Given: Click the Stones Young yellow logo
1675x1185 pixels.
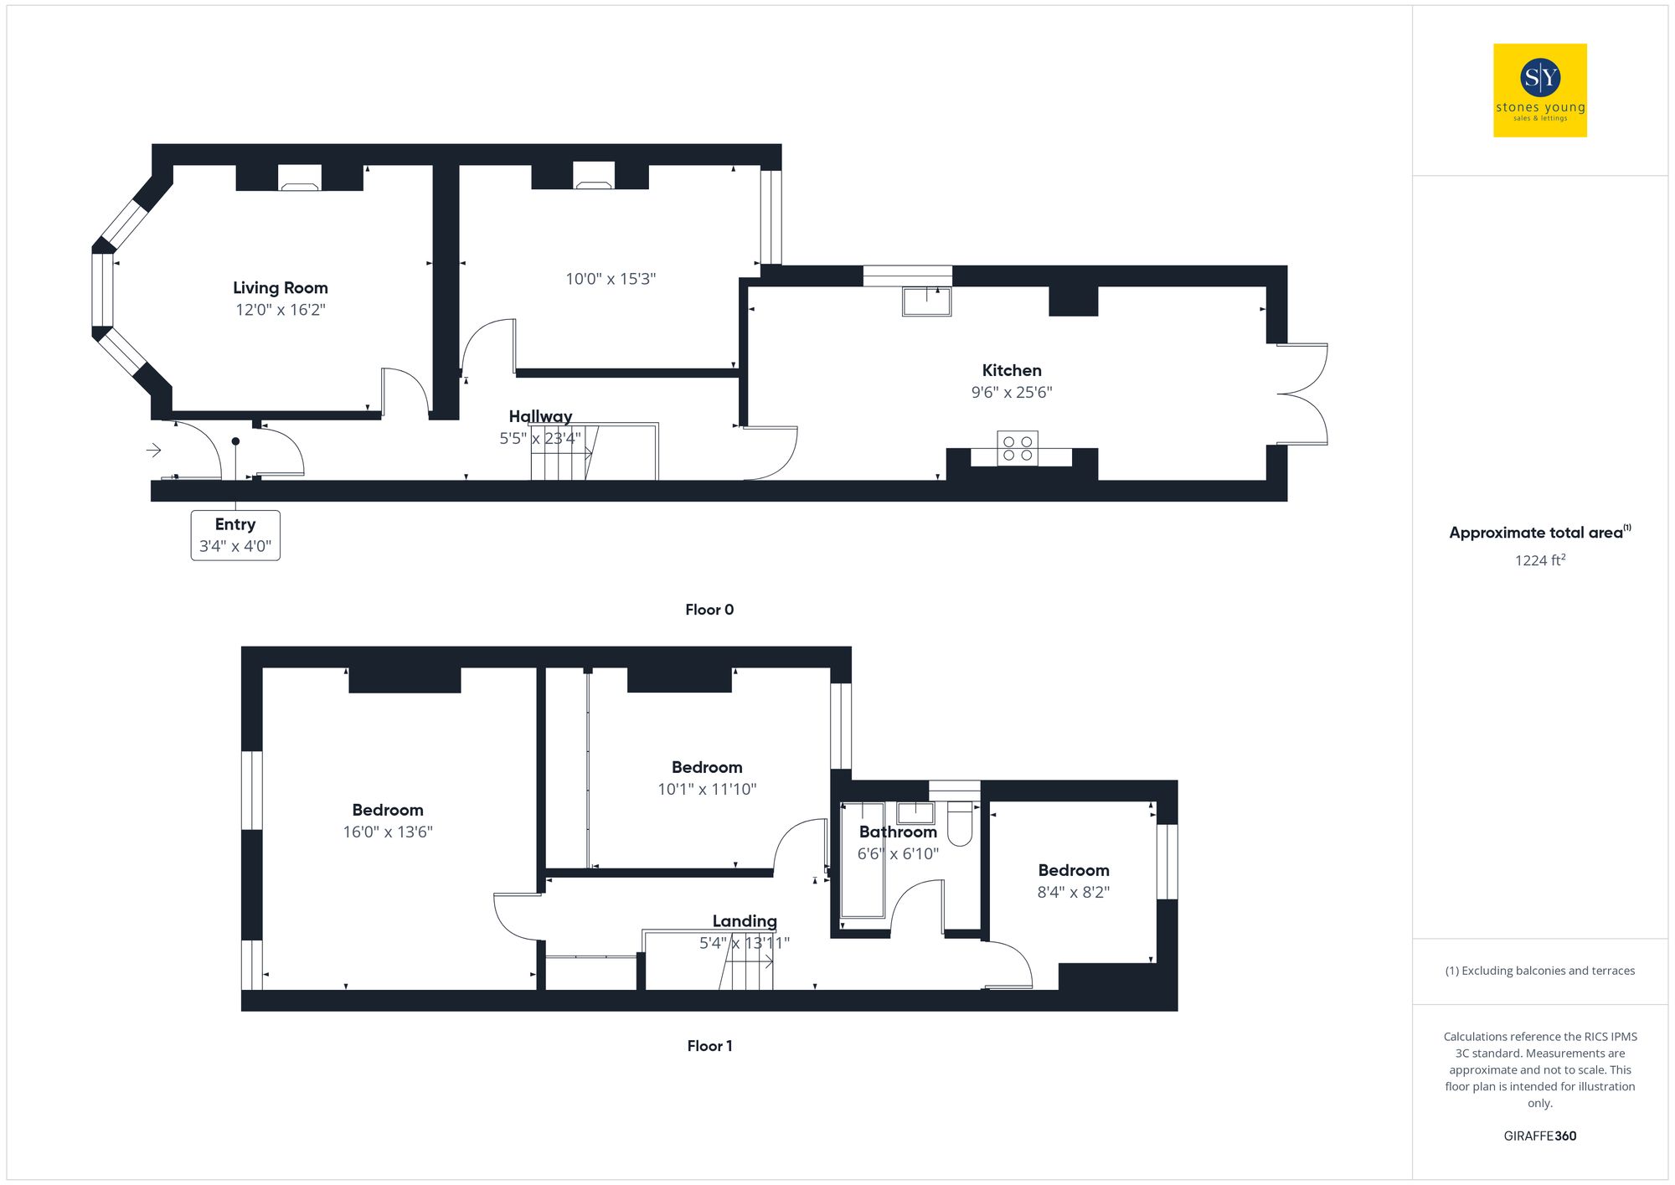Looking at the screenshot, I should (1539, 90).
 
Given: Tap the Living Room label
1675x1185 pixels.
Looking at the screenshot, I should (281, 288).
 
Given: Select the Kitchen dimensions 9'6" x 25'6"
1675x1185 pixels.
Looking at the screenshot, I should (1012, 392).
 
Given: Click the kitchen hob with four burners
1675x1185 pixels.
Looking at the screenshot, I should (1018, 448).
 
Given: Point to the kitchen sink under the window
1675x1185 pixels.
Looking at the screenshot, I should (926, 301).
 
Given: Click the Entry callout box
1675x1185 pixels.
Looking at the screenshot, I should (235, 535).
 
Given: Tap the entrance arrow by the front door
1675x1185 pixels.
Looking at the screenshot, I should (154, 451).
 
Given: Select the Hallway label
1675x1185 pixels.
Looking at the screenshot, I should (540, 416).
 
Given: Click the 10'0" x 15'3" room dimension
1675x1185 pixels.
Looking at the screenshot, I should (611, 279).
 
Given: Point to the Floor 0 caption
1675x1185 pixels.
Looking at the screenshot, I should (709, 610).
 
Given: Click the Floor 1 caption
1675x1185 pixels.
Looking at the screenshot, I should (709, 1046).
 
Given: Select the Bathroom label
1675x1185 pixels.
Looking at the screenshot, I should (898, 832).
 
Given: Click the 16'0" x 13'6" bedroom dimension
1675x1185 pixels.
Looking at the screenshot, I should (388, 832).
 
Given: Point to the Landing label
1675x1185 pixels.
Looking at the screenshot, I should (745, 921).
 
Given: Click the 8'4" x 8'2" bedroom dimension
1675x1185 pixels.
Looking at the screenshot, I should (1074, 892).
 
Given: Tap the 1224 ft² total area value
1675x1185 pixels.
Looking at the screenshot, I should (1539, 560).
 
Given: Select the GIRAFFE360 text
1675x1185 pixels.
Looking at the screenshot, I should (1539, 1136).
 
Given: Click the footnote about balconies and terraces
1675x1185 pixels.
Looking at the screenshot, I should (1539, 971).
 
